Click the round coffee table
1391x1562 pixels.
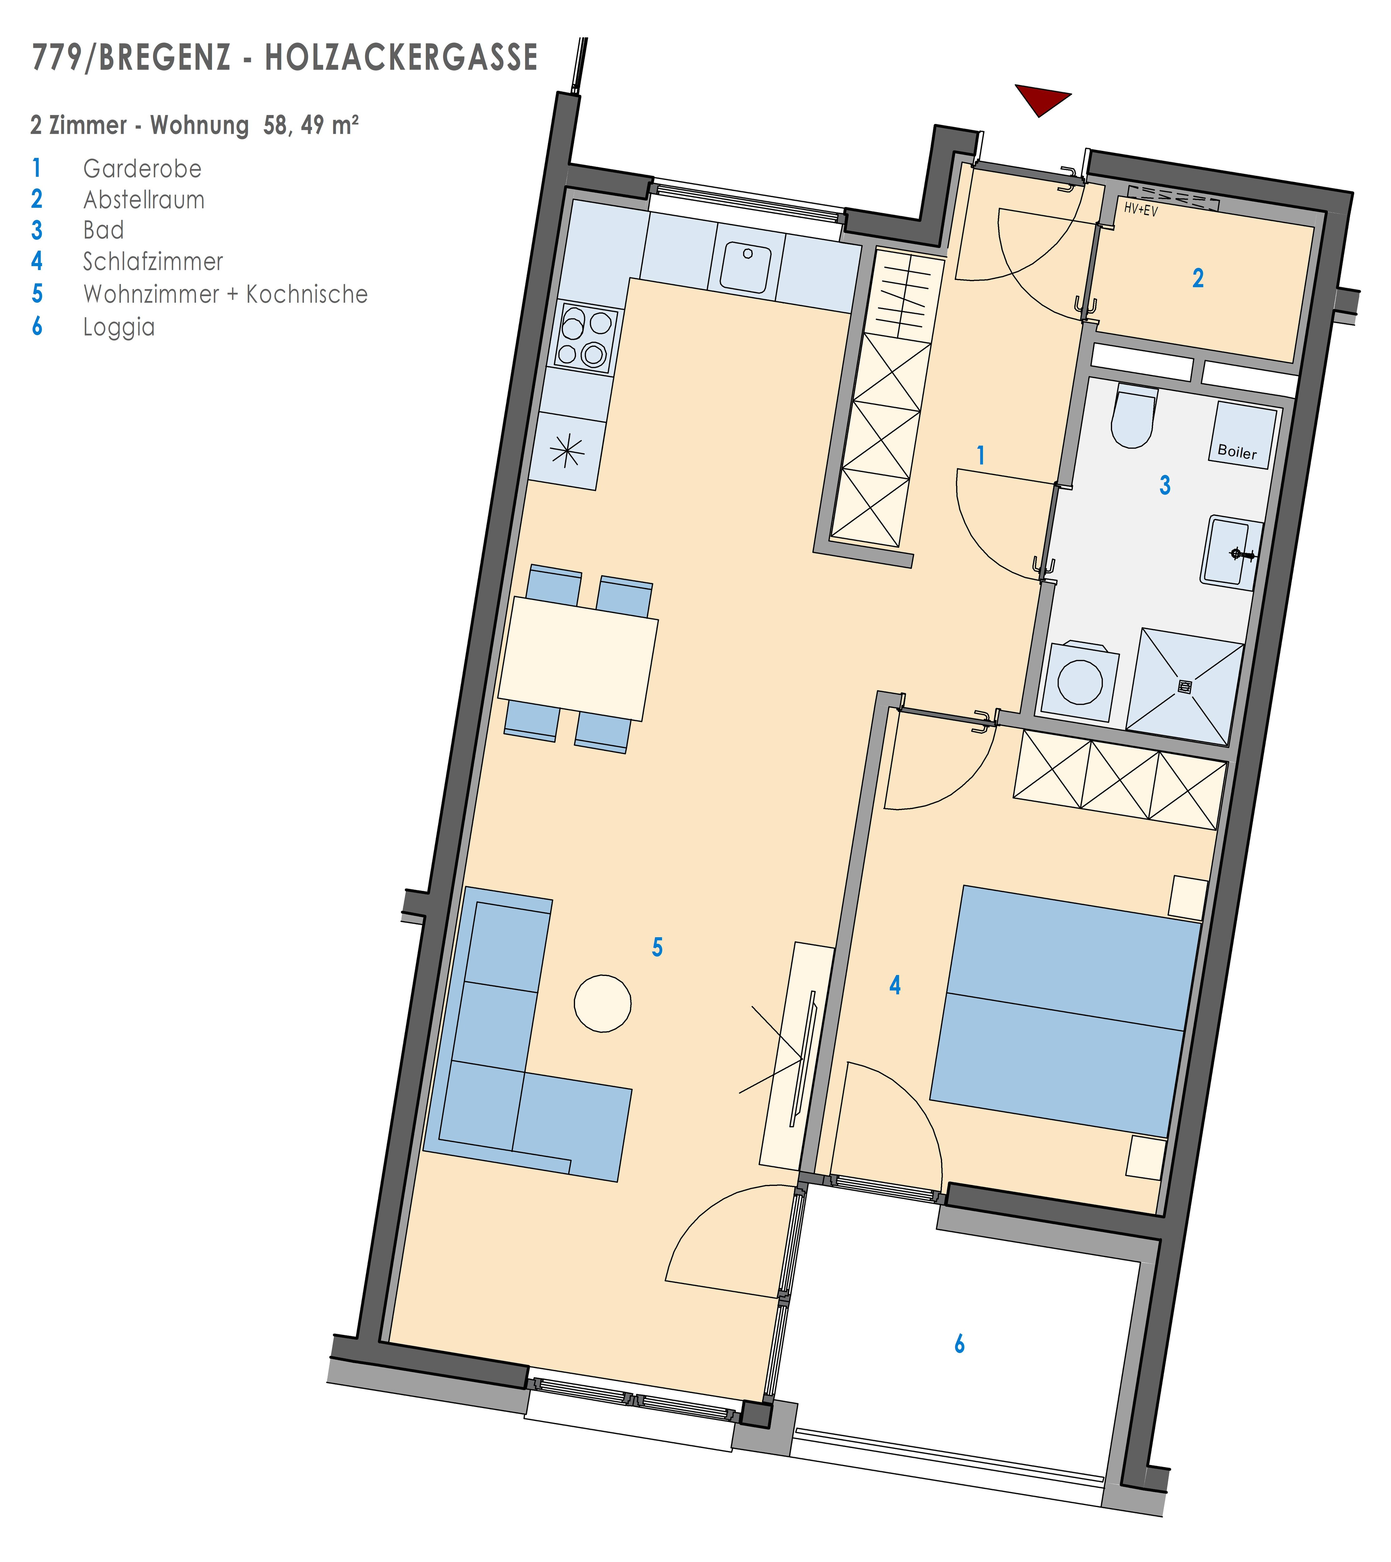(x=602, y=1003)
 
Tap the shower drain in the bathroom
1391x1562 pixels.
(x=1185, y=687)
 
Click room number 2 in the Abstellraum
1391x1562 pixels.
(x=1198, y=278)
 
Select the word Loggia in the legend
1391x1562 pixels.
(x=118, y=327)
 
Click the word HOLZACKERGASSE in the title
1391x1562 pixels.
(x=401, y=58)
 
